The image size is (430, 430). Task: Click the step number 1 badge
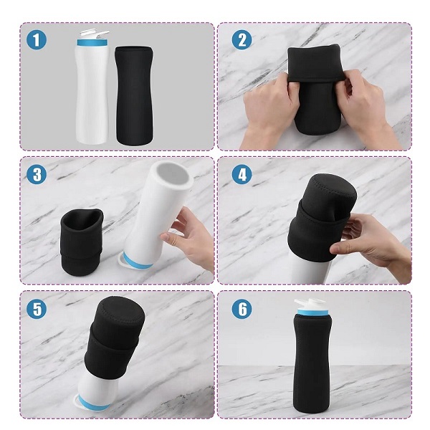pos(37,39)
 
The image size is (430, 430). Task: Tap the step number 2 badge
pos(242,39)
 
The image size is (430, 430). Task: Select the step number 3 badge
pos(37,174)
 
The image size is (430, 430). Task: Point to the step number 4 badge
pos(242,174)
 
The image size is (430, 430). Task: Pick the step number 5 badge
pos(37,309)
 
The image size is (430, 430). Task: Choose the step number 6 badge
pos(242,309)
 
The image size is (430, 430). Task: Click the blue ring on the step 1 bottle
pos(92,42)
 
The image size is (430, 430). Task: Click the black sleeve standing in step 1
pos(134,95)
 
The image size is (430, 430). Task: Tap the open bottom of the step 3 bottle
pos(173,176)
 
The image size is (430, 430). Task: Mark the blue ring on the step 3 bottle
pos(136,262)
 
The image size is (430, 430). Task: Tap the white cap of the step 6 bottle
pos(310,304)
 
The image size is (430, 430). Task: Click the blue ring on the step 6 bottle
pos(312,312)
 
